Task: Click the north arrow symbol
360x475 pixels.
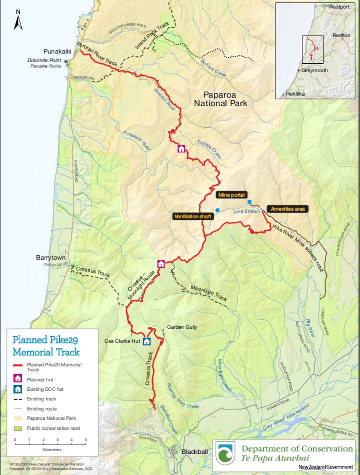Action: point(18,21)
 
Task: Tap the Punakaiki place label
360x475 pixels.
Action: point(57,51)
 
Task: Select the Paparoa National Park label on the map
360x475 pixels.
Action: point(220,99)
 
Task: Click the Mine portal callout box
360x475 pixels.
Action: point(232,195)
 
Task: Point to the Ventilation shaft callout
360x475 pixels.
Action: point(193,217)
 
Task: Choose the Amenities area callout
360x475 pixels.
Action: point(287,209)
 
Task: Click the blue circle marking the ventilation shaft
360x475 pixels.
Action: point(217,210)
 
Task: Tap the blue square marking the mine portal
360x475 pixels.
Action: point(250,202)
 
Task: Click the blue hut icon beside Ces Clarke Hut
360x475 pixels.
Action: point(147,341)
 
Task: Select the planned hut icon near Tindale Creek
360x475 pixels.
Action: point(181,149)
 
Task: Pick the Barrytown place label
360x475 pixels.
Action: point(51,258)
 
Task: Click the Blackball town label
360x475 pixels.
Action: point(194,452)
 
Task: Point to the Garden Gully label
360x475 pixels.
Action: point(182,327)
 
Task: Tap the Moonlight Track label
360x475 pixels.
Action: point(208,293)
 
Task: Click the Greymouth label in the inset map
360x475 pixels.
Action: point(315,70)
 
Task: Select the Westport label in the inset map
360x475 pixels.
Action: point(339,7)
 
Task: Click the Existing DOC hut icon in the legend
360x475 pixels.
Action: point(18,389)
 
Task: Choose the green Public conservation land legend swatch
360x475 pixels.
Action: point(18,428)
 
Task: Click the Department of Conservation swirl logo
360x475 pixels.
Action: point(226,455)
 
